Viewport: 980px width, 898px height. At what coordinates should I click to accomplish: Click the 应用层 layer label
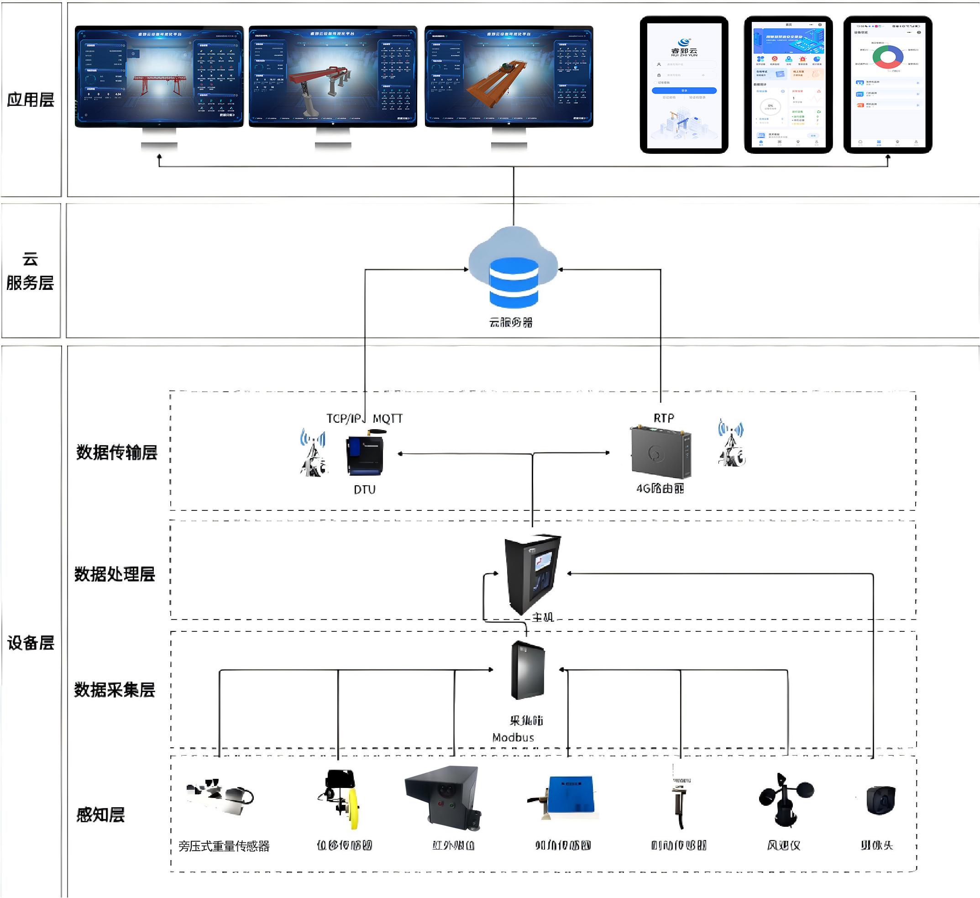(x=31, y=100)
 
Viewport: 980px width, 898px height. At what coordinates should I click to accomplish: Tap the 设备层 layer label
(x=31, y=643)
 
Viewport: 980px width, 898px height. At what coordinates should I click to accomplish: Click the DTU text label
(x=364, y=489)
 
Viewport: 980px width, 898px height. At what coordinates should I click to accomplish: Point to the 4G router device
(x=660, y=452)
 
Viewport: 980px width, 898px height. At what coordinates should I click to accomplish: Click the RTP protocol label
(x=664, y=418)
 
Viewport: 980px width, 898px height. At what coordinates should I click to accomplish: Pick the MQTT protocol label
(x=388, y=419)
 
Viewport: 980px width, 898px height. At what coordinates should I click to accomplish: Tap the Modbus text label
(x=513, y=738)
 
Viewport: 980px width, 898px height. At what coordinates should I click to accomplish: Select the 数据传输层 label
(x=117, y=452)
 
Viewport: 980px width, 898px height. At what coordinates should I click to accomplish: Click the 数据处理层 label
(x=115, y=574)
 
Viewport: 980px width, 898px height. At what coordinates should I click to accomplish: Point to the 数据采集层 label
(x=115, y=690)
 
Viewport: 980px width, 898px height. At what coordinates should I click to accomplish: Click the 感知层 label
(x=100, y=815)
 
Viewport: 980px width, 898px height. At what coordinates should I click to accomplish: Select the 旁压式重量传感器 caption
(x=224, y=846)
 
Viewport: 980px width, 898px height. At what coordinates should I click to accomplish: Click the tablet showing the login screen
(x=684, y=84)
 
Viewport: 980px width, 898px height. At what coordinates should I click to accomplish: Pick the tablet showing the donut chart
(x=887, y=84)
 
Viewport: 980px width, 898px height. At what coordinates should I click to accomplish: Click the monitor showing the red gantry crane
(x=159, y=76)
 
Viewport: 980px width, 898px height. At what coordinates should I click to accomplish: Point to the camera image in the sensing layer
(x=880, y=800)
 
